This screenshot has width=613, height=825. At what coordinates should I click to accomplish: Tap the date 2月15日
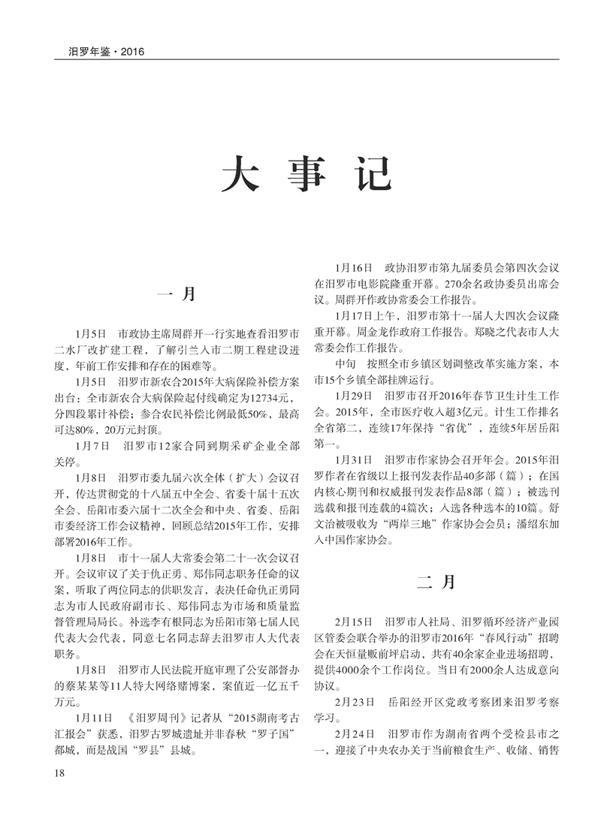[352, 622]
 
